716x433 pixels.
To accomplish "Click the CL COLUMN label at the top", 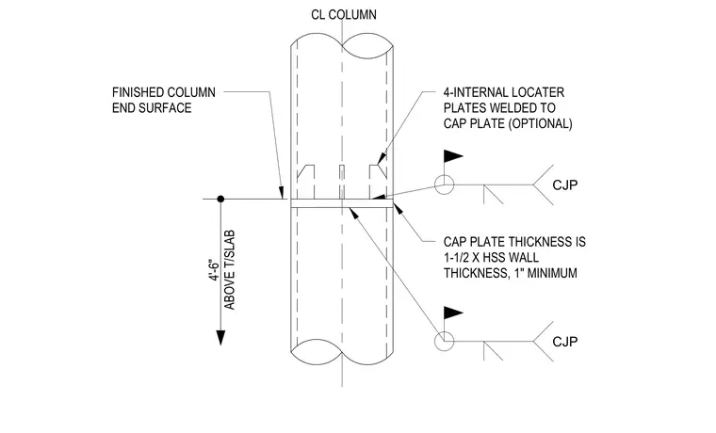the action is point(344,15).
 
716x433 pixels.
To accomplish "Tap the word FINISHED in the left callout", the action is point(137,92).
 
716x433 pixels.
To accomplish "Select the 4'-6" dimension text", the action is point(215,270).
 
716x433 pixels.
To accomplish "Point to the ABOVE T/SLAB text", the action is point(229,269).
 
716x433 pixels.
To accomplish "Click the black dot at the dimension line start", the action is point(220,199).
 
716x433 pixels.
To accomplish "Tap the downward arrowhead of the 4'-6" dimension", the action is point(220,337).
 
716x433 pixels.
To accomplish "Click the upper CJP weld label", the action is point(565,184).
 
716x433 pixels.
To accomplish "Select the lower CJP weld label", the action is point(565,342).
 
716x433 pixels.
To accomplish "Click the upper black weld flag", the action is point(453,156).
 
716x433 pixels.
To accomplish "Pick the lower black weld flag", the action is point(453,313).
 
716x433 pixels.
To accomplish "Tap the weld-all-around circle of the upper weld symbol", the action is point(445,175).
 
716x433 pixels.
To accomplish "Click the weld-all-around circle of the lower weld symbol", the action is point(445,331).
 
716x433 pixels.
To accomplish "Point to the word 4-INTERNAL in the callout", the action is point(474,92).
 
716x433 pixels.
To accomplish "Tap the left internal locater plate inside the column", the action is point(306,182).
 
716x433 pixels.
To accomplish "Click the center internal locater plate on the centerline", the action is point(342,182).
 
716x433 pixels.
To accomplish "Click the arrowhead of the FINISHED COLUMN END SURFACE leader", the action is point(282,193).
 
